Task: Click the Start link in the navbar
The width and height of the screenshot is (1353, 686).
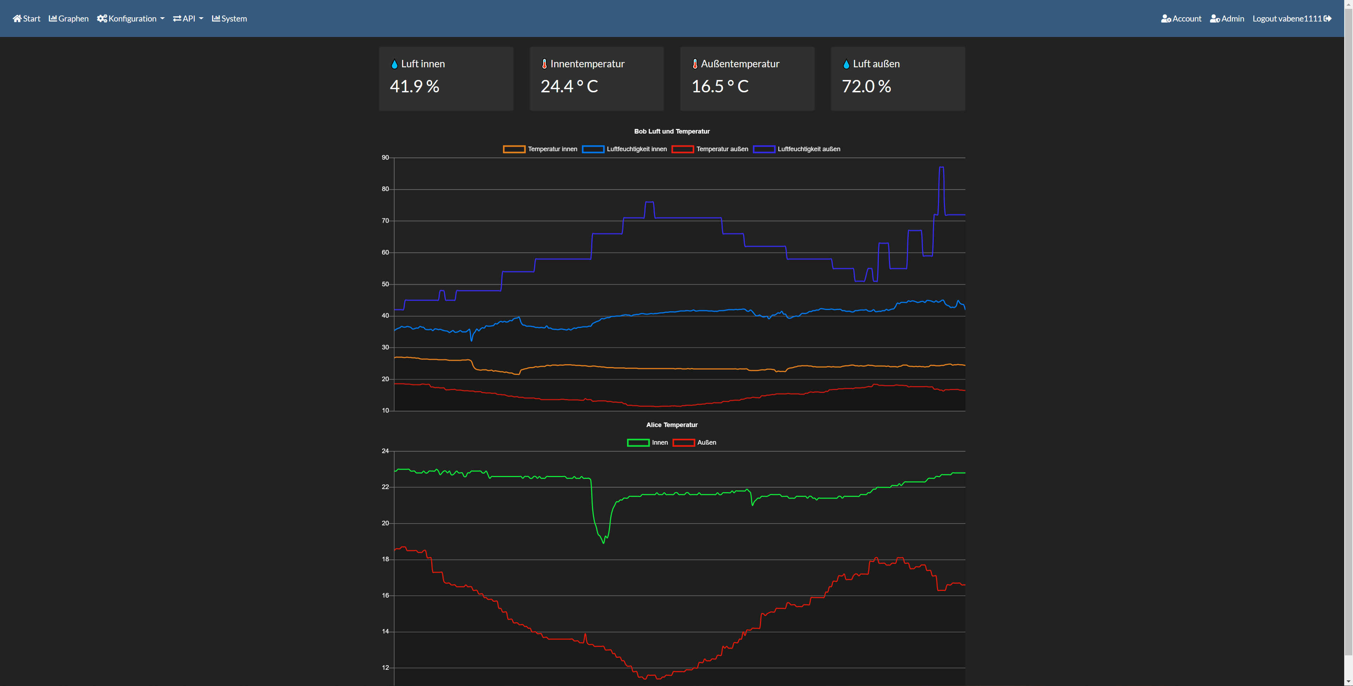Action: coord(26,18)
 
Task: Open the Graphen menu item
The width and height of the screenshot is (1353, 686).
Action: coord(69,18)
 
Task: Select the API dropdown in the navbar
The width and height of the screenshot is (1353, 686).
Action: coord(188,18)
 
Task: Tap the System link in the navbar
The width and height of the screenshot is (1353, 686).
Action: coord(229,18)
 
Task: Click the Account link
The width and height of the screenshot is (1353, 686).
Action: coord(1181,18)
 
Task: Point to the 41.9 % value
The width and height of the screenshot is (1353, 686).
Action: coord(414,86)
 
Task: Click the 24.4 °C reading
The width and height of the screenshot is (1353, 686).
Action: coord(569,86)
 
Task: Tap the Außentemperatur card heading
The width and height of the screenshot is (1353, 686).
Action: coord(740,63)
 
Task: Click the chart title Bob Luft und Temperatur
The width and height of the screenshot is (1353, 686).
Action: coord(672,131)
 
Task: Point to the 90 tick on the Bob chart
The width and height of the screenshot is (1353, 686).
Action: coord(385,157)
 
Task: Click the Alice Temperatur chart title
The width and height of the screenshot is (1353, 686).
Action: coord(672,425)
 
